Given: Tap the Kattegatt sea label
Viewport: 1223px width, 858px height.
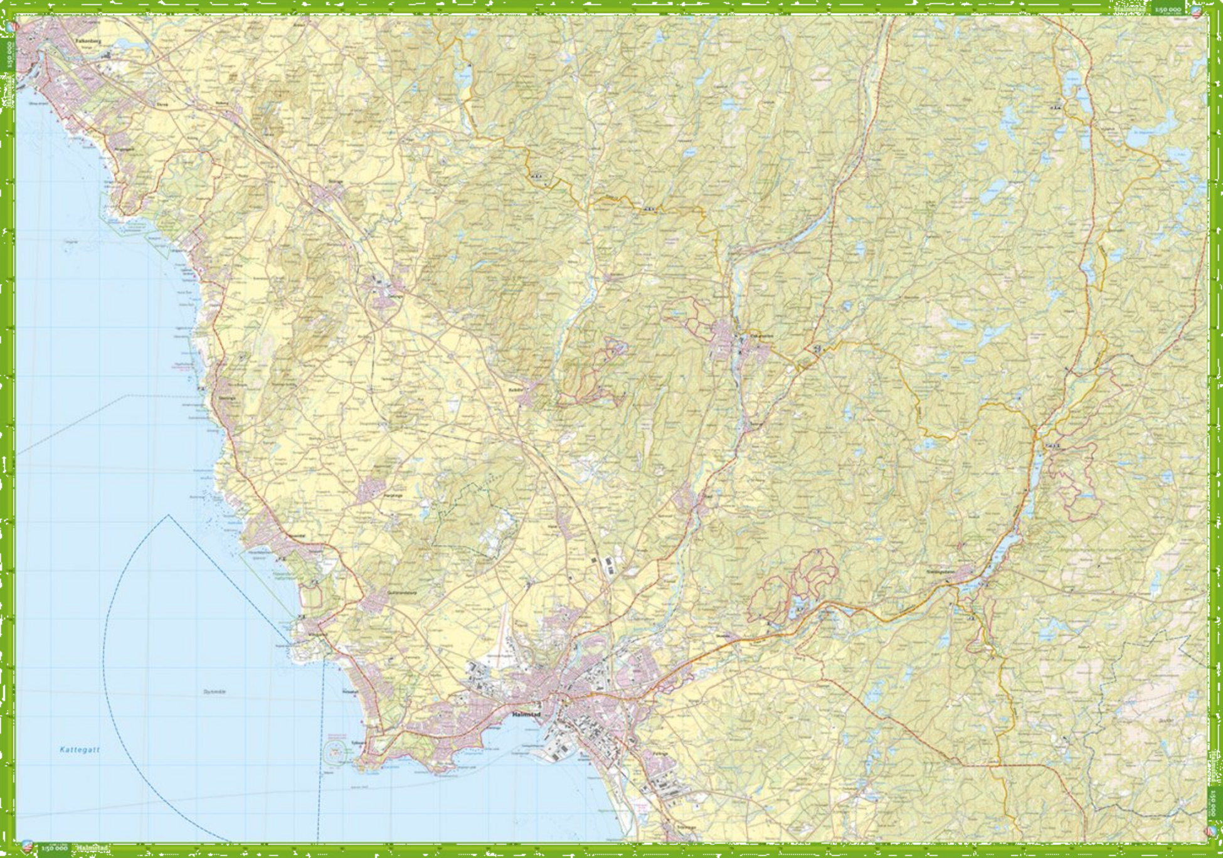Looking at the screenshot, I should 80,749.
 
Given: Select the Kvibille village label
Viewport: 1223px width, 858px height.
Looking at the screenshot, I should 514,389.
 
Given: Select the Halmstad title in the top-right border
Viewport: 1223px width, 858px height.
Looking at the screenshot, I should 1134,9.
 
